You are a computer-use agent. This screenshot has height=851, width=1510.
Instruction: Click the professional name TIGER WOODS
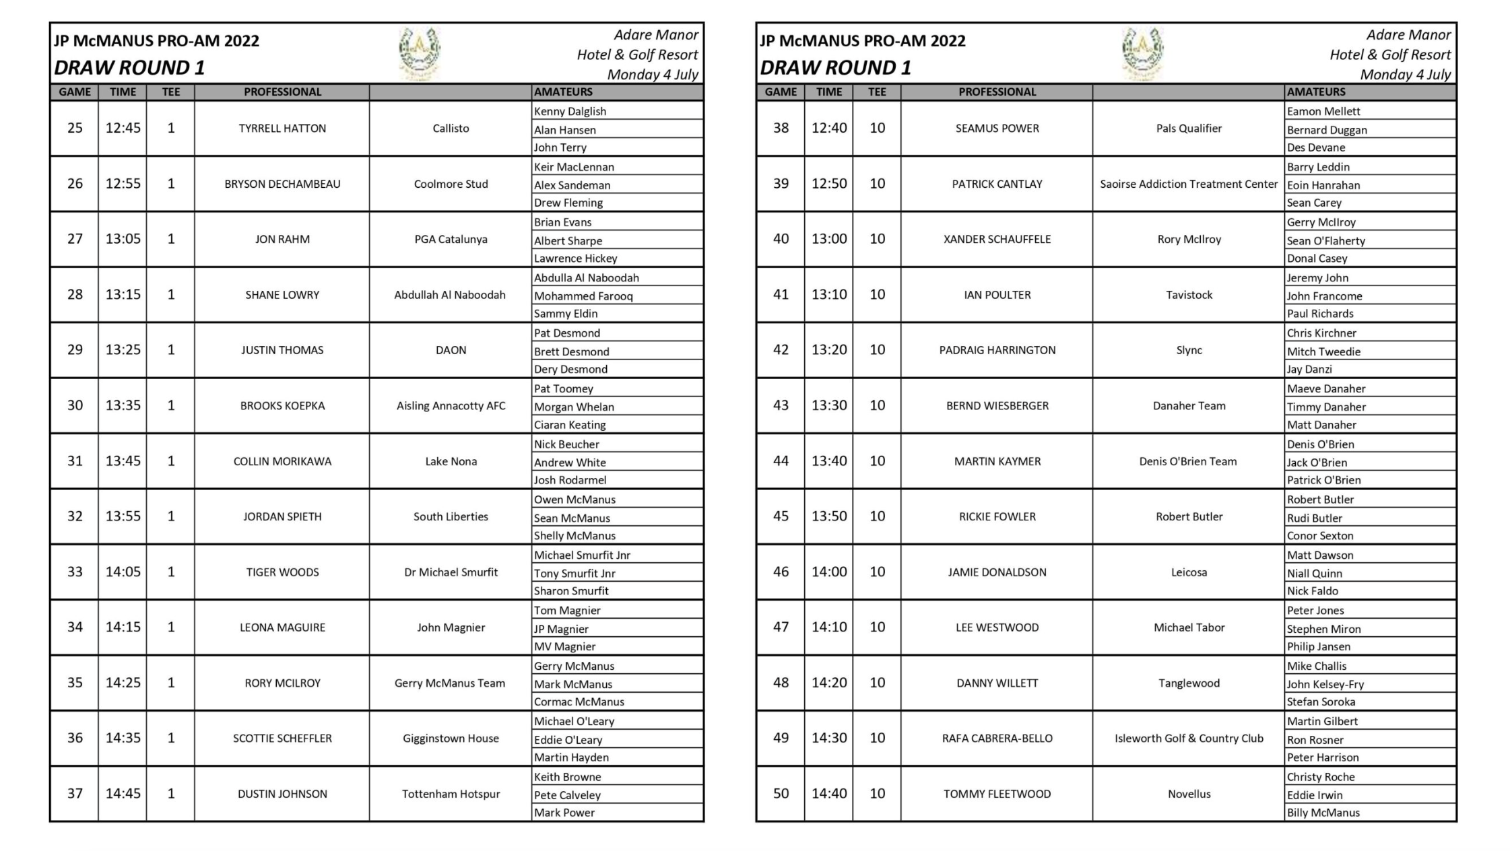282,572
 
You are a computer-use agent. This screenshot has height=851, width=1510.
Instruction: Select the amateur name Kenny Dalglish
570,111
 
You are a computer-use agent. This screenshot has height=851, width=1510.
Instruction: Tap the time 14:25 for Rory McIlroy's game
123,683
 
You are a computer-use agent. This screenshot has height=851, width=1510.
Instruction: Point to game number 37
75,794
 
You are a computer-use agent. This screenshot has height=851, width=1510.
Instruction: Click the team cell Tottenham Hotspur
451,794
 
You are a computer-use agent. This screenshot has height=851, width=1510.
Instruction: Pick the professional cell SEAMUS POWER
997,129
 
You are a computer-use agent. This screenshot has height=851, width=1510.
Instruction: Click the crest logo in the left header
420,53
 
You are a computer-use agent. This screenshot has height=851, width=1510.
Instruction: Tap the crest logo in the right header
1142,53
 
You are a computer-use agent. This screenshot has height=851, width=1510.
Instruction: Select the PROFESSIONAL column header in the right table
997,92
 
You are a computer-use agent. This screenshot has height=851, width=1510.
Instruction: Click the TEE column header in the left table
170,92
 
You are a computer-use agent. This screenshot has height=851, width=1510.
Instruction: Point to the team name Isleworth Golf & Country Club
1189,739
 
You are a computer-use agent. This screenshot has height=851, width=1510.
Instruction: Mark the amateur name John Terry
560,147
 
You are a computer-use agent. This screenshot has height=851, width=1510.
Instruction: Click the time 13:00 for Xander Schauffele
828,239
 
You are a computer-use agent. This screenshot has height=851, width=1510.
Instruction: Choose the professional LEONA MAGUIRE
282,627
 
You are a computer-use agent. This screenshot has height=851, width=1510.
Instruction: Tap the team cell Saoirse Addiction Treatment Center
1189,184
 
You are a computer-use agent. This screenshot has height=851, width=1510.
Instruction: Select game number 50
781,794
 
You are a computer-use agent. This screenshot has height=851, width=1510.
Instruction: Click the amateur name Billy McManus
1323,813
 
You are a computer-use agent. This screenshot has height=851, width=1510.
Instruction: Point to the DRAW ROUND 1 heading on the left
129,68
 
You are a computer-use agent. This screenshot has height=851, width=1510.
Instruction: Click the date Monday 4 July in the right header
1405,74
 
